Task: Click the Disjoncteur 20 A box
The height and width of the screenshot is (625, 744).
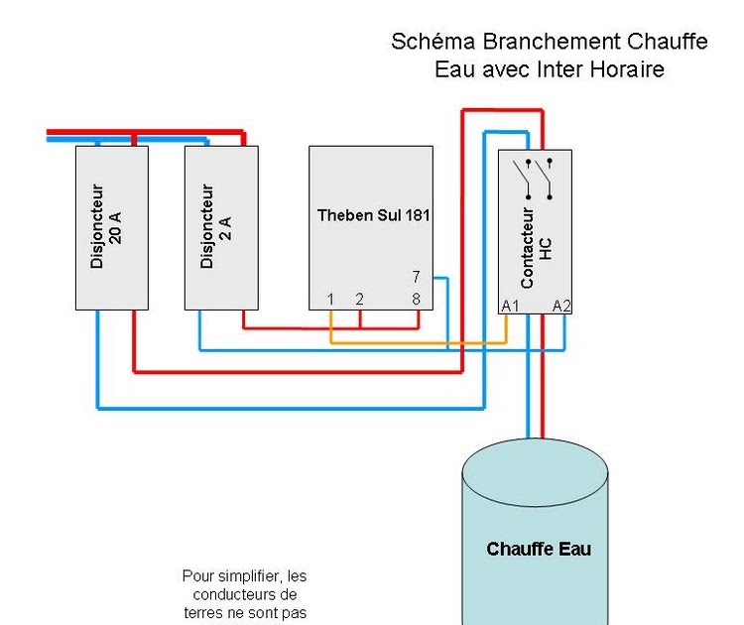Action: click(x=112, y=228)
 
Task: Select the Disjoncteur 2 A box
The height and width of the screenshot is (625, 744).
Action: click(x=221, y=228)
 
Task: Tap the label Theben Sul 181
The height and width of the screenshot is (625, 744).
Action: click(x=373, y=215)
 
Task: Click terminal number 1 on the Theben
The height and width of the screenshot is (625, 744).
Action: click(x=330, y=299)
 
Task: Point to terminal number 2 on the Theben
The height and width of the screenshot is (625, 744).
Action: click(x=360, y=299)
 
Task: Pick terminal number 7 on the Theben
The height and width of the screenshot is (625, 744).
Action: click(x=416, y=276)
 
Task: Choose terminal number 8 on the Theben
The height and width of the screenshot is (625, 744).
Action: click(x=416, y=299)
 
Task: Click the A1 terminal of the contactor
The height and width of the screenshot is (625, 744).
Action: click(x=511, y=307)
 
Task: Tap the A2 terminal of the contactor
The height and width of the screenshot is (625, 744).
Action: click(x=561, y=307)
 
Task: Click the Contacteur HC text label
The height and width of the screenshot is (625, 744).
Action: click(x=536, y=248)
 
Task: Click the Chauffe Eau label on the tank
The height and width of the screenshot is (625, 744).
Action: click(x=539, y=549)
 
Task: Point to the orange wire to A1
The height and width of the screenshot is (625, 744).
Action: click(x=419, y=342)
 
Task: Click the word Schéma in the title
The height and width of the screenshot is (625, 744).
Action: click(x=434, y=42)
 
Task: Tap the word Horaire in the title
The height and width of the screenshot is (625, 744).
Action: click(x=627, y=69)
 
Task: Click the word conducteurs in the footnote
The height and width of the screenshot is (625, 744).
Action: click(x=231, y=594)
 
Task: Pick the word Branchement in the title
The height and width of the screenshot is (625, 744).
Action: click(x=552, y=42)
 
